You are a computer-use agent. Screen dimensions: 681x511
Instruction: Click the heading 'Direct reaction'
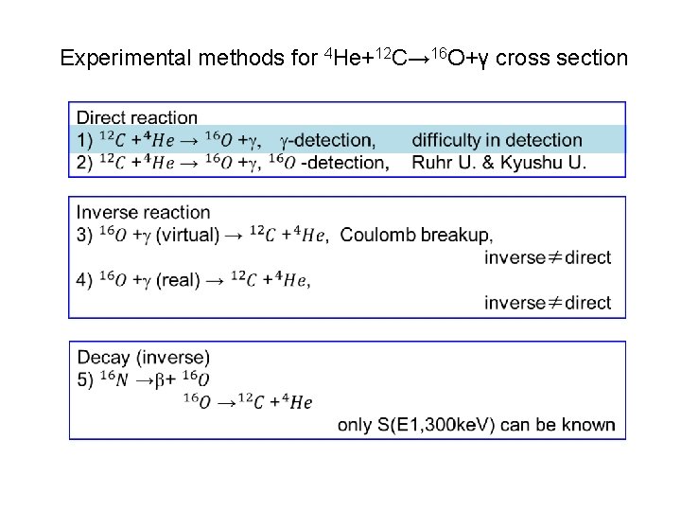137,118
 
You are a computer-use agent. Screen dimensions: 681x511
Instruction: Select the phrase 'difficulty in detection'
497,140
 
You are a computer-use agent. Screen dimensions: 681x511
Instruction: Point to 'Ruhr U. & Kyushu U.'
498,163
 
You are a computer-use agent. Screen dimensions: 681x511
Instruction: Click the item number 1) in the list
85,140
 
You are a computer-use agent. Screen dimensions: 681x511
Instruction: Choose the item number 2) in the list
85,163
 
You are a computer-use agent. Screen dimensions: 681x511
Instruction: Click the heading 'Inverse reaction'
143,212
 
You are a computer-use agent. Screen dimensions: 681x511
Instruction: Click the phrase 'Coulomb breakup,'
416,235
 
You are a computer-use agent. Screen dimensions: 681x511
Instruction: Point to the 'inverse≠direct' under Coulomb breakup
548,257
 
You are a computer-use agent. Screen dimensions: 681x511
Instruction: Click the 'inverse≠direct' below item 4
548,303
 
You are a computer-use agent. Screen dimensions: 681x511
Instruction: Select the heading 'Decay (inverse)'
143,357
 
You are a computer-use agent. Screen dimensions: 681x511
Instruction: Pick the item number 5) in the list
85,379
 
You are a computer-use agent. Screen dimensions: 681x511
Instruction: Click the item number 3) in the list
85,235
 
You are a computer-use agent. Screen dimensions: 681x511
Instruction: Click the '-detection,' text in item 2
345,163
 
